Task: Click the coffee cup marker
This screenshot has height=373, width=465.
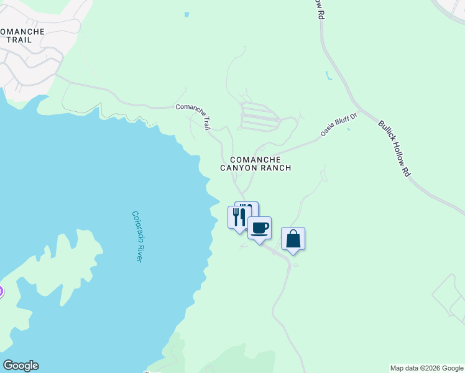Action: point(260,228)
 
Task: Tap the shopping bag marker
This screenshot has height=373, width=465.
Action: point(293,239)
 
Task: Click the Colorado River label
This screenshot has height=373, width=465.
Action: point(137,236)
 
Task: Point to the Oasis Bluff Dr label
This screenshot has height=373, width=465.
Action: point(339,124)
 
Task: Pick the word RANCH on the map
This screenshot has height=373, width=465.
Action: point(277,168)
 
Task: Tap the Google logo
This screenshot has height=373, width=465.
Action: point(21,366)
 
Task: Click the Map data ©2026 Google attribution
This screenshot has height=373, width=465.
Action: point(427,368)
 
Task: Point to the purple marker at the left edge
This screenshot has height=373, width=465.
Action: point(1,291)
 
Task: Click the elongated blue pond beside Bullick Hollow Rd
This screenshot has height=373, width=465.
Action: point(328,77)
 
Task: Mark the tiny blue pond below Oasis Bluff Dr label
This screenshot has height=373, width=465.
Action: point(348,129)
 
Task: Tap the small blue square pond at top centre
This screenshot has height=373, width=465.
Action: point(187,14)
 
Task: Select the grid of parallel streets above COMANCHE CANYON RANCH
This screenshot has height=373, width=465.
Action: point(260,117)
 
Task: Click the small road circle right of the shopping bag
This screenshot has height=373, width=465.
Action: point(295,265)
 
